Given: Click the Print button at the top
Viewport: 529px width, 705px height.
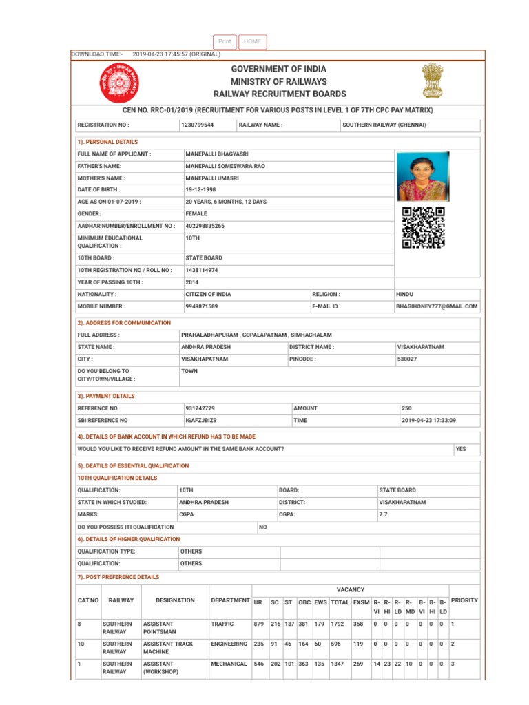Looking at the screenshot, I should click(x=225, y=42).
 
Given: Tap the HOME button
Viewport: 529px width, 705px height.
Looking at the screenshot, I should click(x=253, y=42).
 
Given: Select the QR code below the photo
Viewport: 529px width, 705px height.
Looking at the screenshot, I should click(x=423, y=227).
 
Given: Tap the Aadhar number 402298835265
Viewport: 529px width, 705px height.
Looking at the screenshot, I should click(x=205, y=226).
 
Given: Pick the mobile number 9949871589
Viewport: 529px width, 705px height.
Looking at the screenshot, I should click(x=202, y=306).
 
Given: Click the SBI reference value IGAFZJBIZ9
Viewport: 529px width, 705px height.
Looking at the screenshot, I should click(x=201, y=420).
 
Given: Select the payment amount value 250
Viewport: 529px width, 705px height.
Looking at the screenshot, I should click(x=406, y=408).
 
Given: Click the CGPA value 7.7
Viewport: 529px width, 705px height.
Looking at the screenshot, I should click(x=384, y=514).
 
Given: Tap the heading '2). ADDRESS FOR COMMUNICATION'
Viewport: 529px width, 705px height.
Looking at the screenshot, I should click(x=125, y=322).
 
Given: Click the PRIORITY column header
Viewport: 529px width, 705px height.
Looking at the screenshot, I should click(x=464, y=600).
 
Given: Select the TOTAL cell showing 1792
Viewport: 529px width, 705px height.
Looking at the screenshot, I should click(x=340, y=624).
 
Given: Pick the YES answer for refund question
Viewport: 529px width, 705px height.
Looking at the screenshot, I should click(x=460, y=449).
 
